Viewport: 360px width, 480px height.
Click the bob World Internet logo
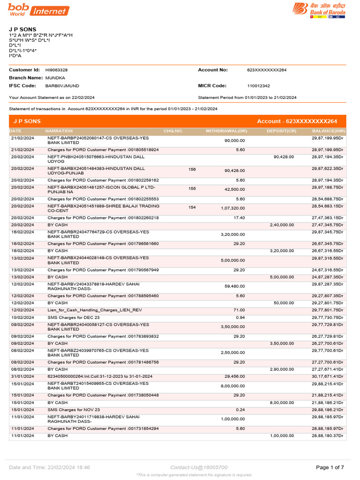coord(38,10)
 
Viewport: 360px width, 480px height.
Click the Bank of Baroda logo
coord(319,10)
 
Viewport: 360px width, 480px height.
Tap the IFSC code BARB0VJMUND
coord(62,86)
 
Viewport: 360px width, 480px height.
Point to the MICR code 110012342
coord(258,86)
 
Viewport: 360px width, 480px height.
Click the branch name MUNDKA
coord(55,78)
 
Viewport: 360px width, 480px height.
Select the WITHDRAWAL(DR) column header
coord(226,131)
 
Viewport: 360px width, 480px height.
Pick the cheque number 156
coord(192,169)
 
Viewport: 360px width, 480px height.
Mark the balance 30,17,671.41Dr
coord(327,376)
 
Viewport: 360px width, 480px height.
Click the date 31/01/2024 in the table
coord(22,376)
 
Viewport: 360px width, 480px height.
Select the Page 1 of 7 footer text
coord(330,467)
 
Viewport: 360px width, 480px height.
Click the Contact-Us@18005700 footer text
coord(199,467)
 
